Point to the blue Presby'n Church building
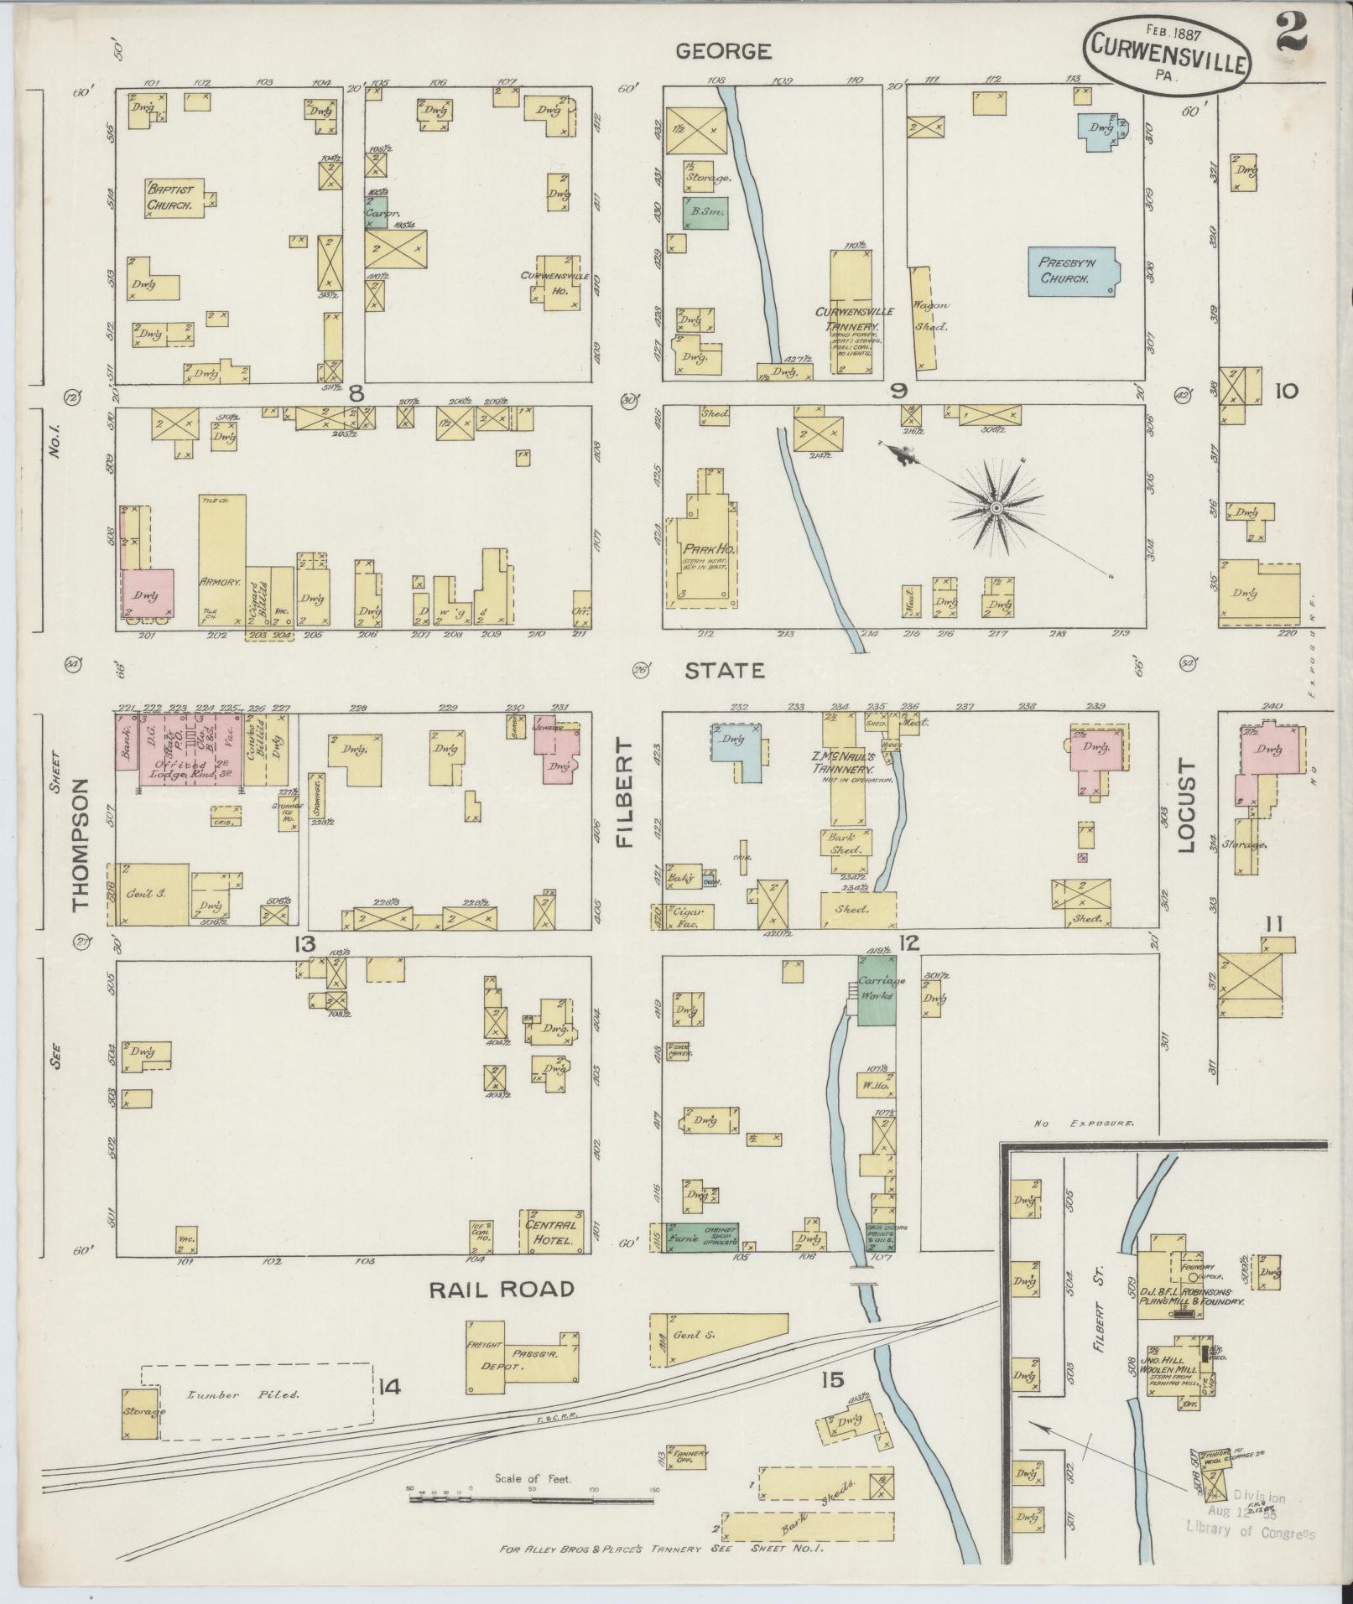[1071, 270]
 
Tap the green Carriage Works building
[877, 989]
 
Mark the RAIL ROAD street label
[502, 1289]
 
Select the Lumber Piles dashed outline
[256, 1394]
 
